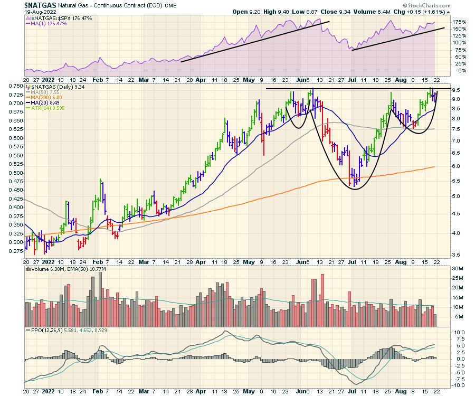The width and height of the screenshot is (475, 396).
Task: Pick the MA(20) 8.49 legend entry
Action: [46, 104]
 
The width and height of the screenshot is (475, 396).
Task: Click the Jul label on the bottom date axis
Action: [352, 392]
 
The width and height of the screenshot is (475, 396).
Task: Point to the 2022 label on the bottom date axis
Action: [49, 392]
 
